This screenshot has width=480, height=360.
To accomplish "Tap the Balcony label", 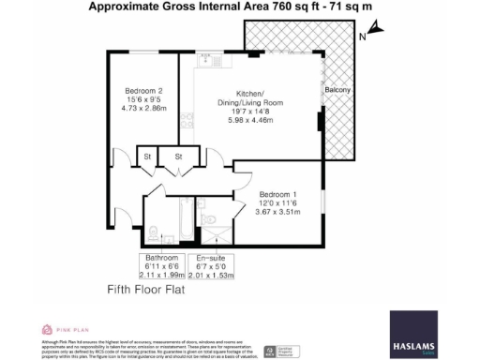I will point(337,90).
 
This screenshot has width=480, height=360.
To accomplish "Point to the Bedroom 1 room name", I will point(278,194).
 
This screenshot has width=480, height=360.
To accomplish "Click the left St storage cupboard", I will point(147,156).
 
